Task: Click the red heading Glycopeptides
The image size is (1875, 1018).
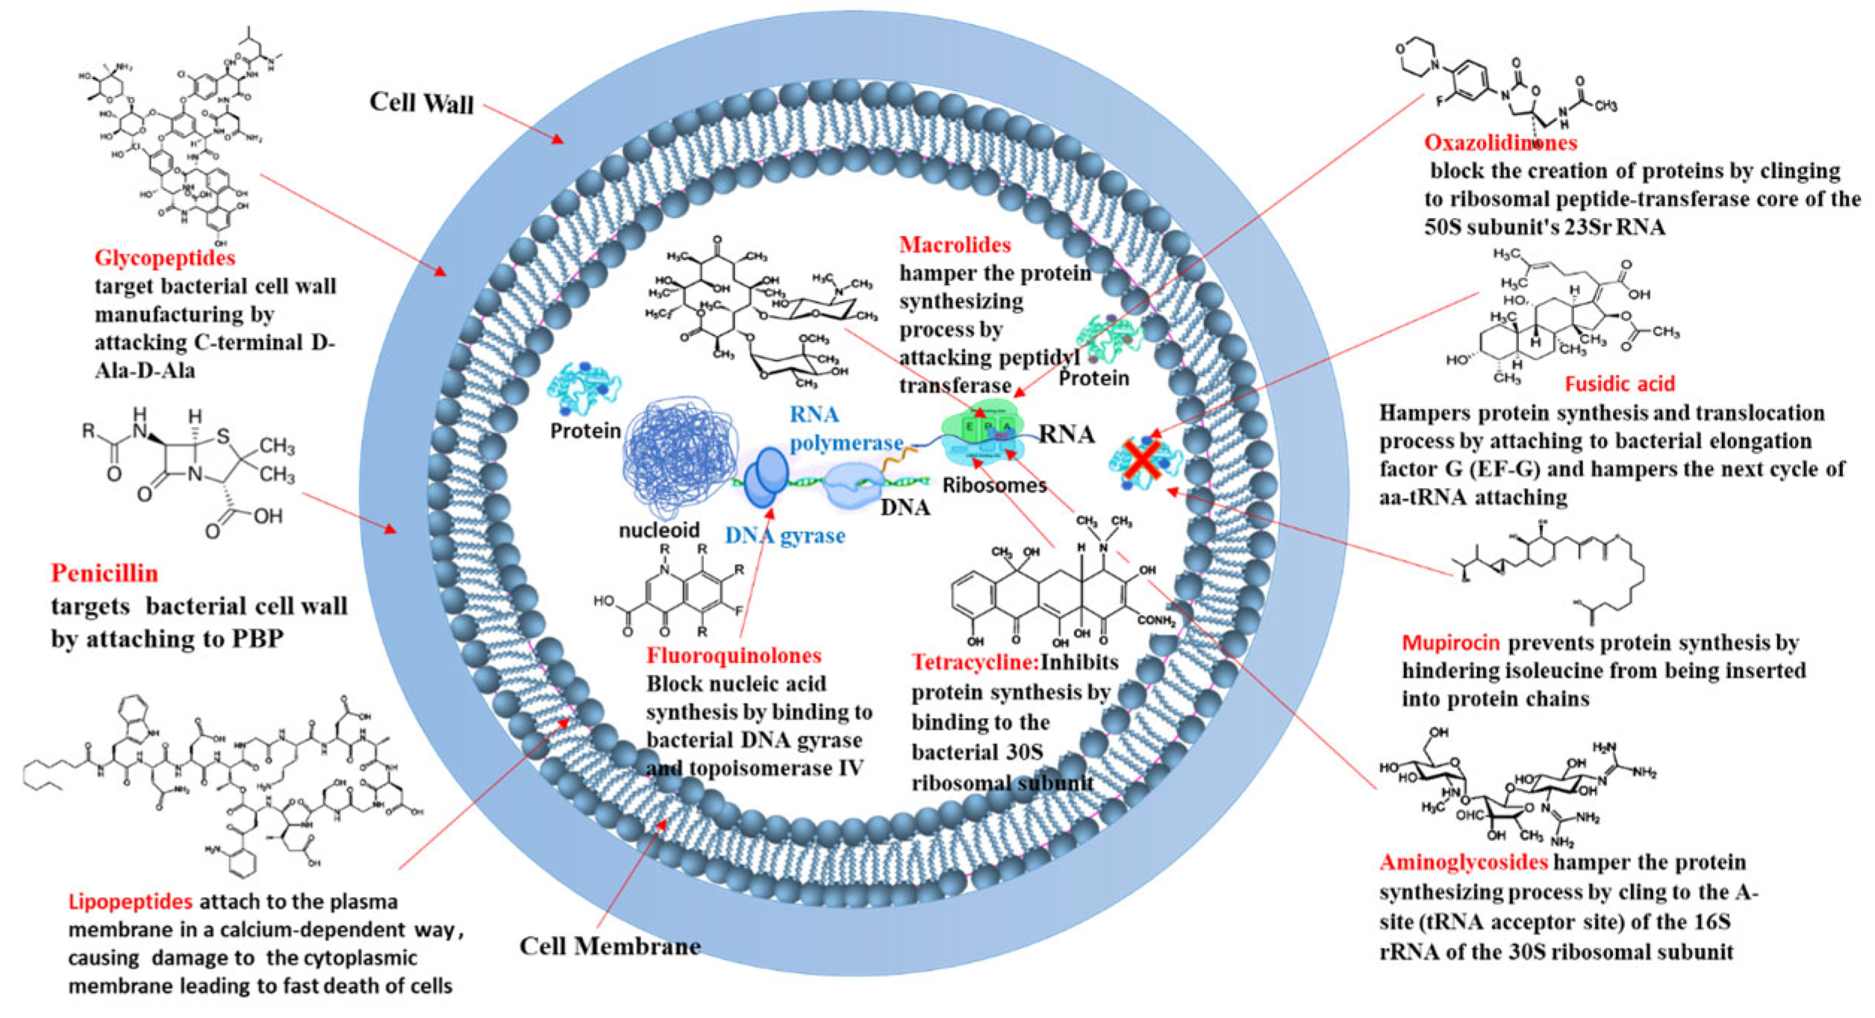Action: (x=165, y=258)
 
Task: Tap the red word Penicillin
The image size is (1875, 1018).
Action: (x=104, y=573)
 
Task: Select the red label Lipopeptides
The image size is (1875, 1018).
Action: (x=131, y=902)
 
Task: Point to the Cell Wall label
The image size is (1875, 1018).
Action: (x=422, y=103)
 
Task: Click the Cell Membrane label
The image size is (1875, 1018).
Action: (x=610, y=946)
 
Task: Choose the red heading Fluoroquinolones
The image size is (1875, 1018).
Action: (x=734, y=656)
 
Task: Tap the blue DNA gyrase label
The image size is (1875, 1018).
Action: (x=785, y=535)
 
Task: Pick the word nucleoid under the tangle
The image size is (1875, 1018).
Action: (x=659, y=531)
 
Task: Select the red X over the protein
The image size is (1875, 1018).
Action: (x=1143, y=459)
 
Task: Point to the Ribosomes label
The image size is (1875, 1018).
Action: (x=994, y=485)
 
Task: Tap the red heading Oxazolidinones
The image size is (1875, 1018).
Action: (x=1500, y=143)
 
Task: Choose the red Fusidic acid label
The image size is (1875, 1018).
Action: (x=1620, y=384)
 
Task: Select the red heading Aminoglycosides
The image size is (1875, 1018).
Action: (x=1464, y=863)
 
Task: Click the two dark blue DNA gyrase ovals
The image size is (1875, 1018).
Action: (x=766, y=476)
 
